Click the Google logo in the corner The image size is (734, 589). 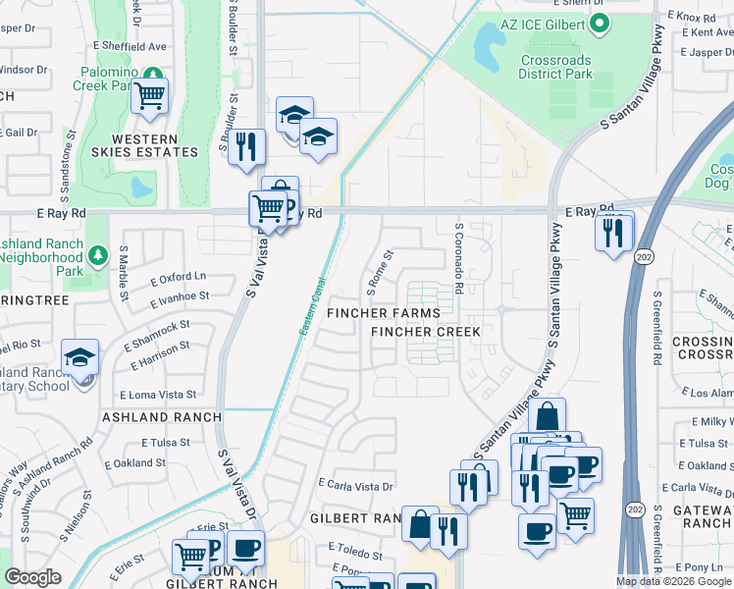(x=32, y=577)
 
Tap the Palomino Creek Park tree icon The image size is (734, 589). (x=152, y=74)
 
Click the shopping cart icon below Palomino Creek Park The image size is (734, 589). (x=150, y=96)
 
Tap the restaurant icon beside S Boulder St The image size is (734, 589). (x=247, y=146)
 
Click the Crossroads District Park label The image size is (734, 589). (x=555, y=67)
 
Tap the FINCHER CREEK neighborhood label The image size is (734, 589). (x=426, y=332)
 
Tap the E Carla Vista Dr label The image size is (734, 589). (x=355, y=485)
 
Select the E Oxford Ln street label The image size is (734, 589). (x=179, y=279)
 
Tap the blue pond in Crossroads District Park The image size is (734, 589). (x=487, y=42)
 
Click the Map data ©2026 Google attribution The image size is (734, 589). (x=673, y=581)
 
